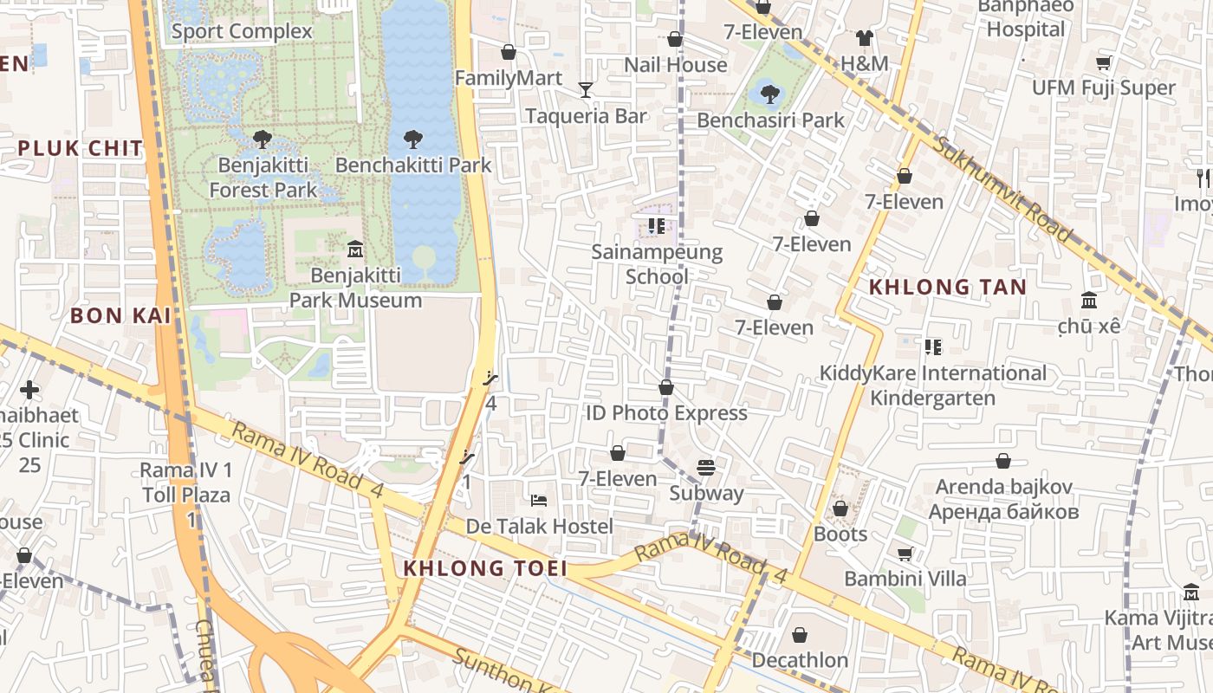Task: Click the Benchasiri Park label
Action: [770, 120]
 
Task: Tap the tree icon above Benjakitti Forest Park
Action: [262, 139]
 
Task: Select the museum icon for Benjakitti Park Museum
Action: [354, 249]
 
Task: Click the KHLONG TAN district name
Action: [947, 287]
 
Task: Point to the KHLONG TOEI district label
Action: [485, 568]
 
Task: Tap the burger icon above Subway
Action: [706, 468]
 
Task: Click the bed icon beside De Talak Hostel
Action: [538, 501]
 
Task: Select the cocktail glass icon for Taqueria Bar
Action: [586, 89]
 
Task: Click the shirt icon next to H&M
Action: [864, 37]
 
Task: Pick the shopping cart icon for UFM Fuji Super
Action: [1103, 62]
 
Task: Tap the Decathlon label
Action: [800, 660]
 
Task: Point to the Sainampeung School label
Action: [657, 264]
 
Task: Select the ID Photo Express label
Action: [666, 413]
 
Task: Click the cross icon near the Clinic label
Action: [29, 390]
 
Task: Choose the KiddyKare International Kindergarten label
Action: [933, 385]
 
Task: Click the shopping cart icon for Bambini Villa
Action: [905, 553]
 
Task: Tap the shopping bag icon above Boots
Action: [840, 508]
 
